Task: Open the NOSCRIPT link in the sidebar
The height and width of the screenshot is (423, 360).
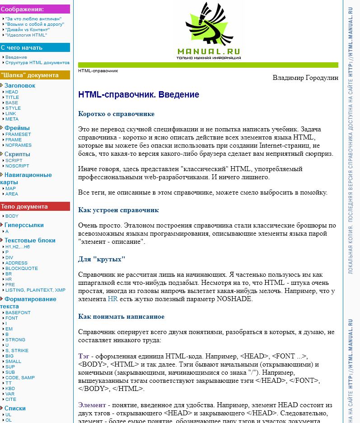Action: [x=17, y=166]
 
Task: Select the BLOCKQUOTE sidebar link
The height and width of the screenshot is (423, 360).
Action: [x=22, y=268]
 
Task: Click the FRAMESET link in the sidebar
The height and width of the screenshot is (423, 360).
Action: [x=18, y=134]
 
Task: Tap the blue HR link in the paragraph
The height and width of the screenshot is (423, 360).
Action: [x=112, y=299]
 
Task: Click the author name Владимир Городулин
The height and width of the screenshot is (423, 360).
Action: [x=305, y=78]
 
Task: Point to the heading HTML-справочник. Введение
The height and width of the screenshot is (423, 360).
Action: [x=139, y=95]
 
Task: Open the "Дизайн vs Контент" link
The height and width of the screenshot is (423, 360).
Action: [x=28, y=29]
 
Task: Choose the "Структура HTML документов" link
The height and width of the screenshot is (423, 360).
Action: [x=37, y=63]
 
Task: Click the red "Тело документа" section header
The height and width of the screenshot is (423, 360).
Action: [x=24, y=207]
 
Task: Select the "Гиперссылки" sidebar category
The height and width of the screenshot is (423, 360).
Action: [x=24, y=225]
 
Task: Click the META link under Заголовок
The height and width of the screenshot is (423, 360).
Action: [x=12, y=119]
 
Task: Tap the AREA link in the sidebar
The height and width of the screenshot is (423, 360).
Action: [x=12, y=194]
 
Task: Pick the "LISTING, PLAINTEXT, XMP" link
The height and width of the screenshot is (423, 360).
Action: [x=35, y=290]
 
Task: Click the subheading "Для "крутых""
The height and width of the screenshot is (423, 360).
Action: [x=102, y=259]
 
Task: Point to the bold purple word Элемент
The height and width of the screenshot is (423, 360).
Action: [x=92, y=405]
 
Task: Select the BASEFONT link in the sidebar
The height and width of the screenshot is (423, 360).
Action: [x=18, y=312]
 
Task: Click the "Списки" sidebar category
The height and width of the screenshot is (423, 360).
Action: [x=15, y=408]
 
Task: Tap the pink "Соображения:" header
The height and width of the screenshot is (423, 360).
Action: [x=23, y=9]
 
